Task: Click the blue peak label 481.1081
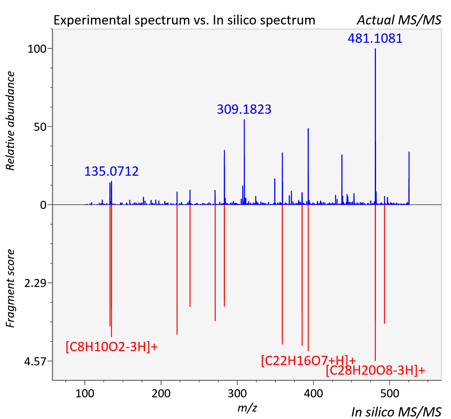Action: pos(375,38)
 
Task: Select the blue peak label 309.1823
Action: pos(244,109)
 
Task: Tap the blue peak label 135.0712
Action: pos(111,171)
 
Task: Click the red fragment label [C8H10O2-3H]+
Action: pos(112,347)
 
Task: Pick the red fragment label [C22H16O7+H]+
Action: pos(309,361)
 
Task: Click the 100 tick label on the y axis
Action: pos(37,49)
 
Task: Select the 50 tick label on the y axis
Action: pos(40,127)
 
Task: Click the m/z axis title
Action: pos(247,408)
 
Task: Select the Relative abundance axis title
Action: pos(10,121)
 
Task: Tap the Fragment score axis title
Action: pos(10,288)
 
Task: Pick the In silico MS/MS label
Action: pos(396,412)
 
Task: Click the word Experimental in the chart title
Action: pos(92,20)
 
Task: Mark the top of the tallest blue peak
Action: pos(375,48)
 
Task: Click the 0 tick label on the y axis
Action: pos(43,205)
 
